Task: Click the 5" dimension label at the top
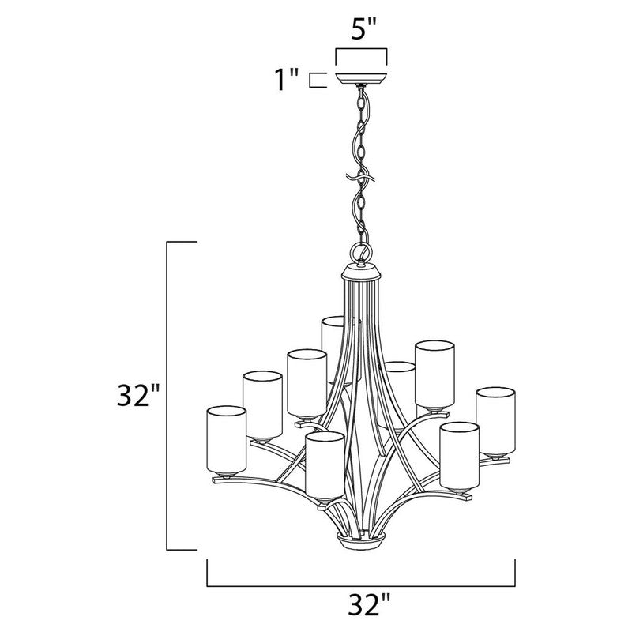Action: click(x=360, y=31)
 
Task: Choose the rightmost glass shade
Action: click(x=495, y=420)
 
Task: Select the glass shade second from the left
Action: click(x=262, y=403)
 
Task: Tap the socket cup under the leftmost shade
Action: click(x=224, y=476)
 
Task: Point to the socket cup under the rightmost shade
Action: click(x=495, y=456)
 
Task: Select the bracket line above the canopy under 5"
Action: click(x=361, y=51)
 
